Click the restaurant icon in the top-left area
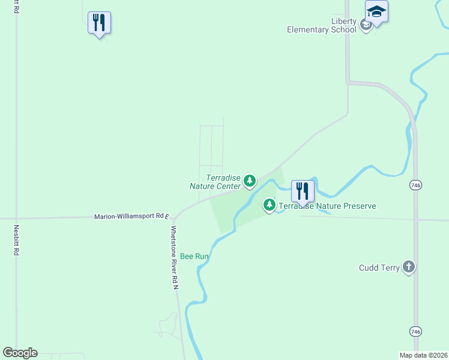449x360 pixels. coord(99,23)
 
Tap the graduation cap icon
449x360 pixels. coord(376,12)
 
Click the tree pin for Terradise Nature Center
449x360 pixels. coord(250,180)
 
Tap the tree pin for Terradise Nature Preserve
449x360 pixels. coord(270,205)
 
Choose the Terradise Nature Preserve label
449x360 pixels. coord(327,206)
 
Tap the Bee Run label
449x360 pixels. coord(194,256)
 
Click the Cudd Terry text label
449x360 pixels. coord(379,268)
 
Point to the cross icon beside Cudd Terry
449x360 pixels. coord(409,267)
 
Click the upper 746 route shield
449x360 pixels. coord(415,185)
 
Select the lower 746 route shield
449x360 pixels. coord(415,331)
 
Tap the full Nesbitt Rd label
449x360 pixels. coord(16,240)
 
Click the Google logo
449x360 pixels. coord(20,353)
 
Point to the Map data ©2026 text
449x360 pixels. coord(424,355)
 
